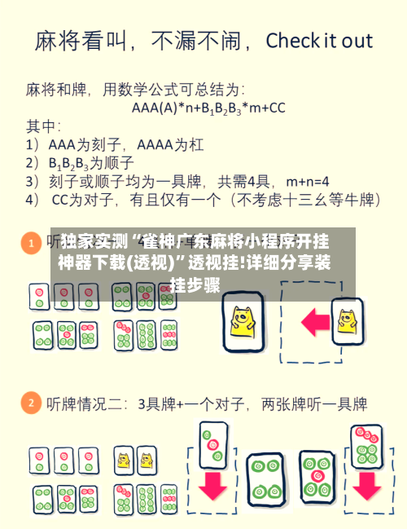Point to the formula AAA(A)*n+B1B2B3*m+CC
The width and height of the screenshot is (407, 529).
coord(208,107)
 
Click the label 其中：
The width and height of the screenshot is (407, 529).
coord(45,126)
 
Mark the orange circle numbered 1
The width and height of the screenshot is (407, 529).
coord(31,243)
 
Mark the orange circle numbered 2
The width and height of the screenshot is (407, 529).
coord(31,403)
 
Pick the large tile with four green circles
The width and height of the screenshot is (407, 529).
coord(264,478)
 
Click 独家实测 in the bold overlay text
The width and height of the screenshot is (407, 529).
coord(94,242)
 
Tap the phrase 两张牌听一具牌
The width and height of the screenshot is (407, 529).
coord(313,403)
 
